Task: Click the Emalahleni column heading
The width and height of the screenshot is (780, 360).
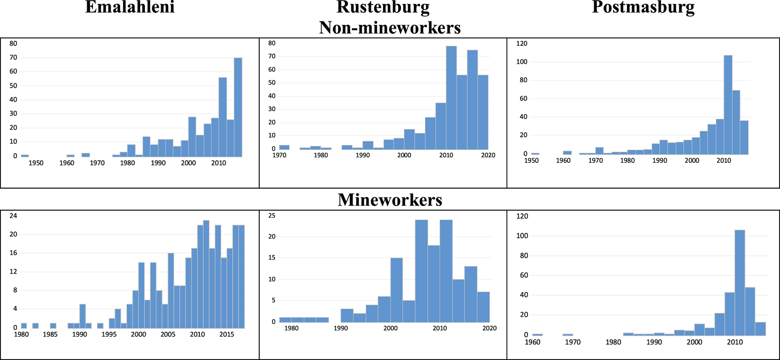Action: (130, 7)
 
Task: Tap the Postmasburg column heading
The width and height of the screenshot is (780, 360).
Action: (643, 7)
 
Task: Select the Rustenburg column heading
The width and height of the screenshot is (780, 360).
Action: (383, 7)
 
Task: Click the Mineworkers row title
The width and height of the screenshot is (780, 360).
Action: (390, 200)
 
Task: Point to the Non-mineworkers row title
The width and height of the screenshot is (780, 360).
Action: (390, 28)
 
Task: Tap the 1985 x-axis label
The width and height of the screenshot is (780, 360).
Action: (50, 334)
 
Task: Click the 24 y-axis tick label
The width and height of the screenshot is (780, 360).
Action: (13, 216)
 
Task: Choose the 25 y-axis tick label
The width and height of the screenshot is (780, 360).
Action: (272, 216)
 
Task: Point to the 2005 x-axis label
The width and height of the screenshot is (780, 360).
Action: (168, 334)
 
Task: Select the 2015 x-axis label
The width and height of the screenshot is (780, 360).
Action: (227, 334)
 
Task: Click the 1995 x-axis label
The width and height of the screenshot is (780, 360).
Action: (109, 334)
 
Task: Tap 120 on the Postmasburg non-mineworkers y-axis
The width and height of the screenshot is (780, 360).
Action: (522, 44)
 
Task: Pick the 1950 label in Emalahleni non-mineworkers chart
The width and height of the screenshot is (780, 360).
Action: (36, 163)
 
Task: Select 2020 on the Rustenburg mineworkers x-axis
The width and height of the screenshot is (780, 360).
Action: (489, 328)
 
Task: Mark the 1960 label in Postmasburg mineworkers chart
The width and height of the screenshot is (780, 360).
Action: (532, 342)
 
